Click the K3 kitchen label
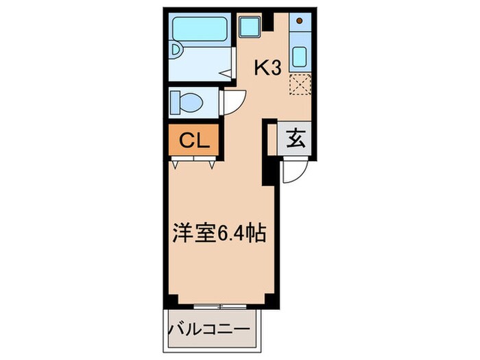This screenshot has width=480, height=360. coord(269,68)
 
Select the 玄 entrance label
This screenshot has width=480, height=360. coord(295,139)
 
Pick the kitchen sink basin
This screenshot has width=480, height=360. coord(300,56)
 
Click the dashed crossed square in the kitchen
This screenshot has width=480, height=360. coord(299,86)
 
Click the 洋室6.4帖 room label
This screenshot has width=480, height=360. coord(217,232)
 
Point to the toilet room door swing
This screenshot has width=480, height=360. coord(232,104)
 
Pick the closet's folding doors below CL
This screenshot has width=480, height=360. coord(194,163)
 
